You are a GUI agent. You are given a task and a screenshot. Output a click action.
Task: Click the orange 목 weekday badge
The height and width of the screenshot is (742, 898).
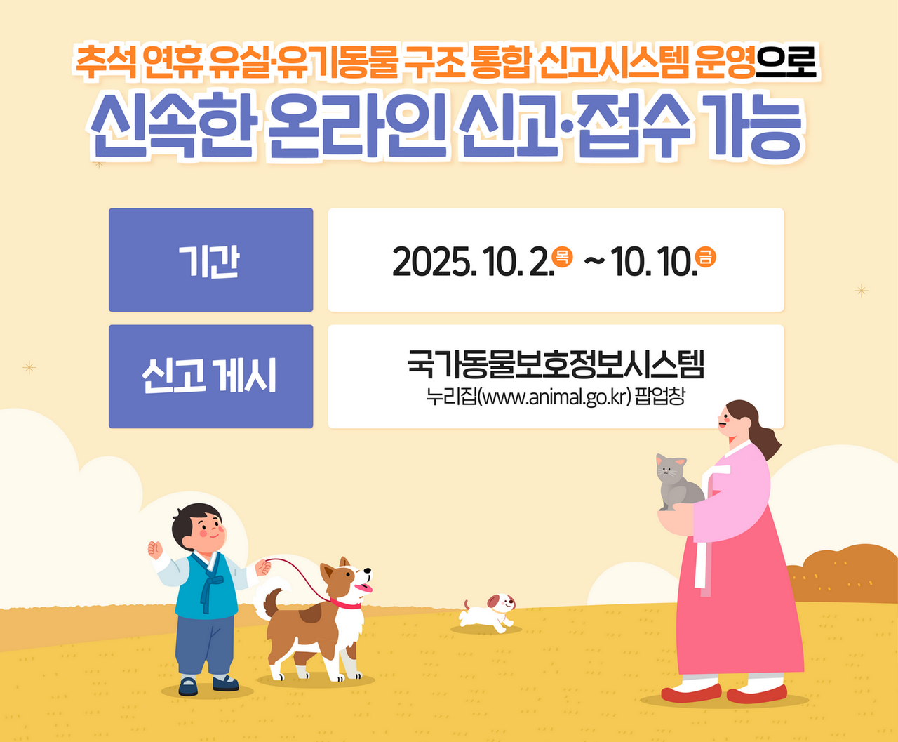point(562,256)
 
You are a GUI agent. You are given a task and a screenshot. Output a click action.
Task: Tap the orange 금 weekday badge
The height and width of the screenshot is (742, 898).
point(705,256)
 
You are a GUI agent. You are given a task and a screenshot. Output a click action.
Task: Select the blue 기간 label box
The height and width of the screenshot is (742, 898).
point(210,260)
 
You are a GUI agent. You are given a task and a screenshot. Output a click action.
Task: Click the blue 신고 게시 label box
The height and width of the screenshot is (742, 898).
point(210,376)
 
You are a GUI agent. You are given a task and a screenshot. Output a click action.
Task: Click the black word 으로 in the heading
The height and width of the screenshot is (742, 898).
point(786,63)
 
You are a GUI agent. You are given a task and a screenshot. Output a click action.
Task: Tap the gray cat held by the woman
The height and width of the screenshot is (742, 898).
point(678,482)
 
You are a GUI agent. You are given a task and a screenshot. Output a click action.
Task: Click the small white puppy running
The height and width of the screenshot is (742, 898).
point(488,612)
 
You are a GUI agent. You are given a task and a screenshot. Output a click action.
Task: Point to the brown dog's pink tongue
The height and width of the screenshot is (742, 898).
point(364,588)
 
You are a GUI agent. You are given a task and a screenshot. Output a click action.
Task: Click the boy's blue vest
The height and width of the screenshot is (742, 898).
point(206,586)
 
